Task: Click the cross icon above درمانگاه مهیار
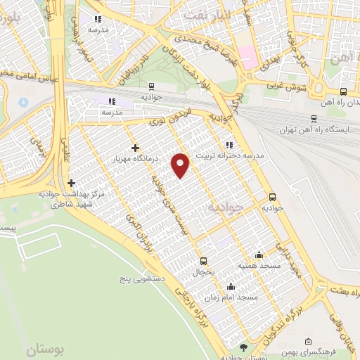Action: click(135, 148)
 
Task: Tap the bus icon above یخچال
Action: click(203, 260)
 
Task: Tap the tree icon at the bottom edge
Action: click(243, 347)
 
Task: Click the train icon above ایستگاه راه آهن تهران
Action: click(313, 119)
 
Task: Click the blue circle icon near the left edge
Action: click(23, 103)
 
